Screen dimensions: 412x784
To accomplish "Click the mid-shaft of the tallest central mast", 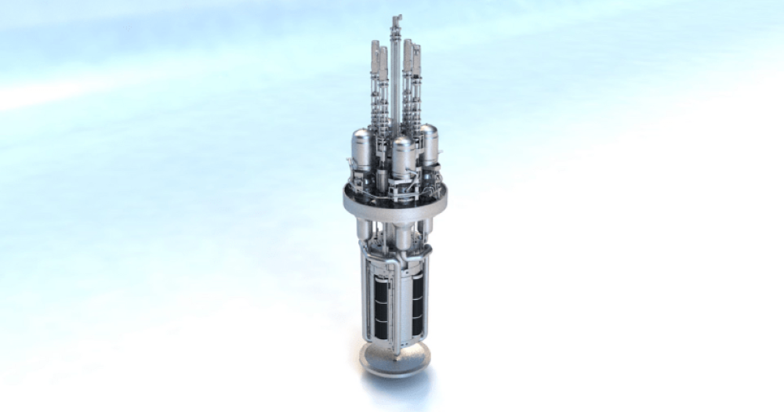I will [397, 78].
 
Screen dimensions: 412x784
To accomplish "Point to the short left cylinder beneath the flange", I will [365, 229].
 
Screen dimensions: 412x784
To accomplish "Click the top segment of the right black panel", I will [418, 286].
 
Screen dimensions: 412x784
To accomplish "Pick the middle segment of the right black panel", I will [418, 307].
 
